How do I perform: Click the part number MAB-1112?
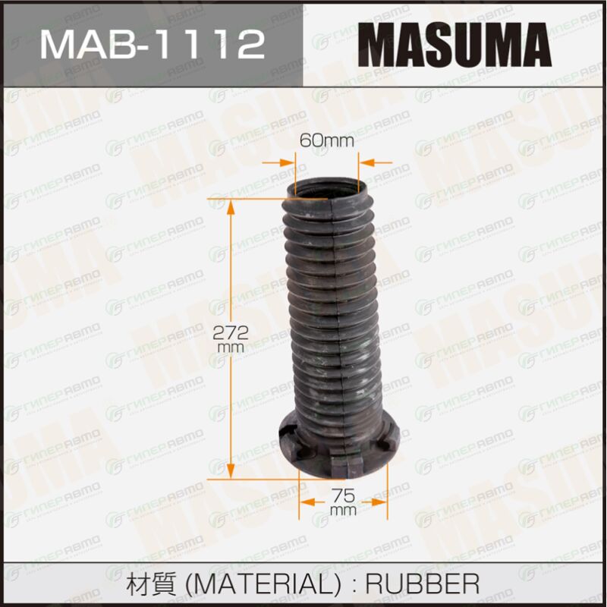tap(153, 45)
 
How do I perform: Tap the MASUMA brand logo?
tap(454, 45)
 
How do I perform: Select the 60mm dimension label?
tap(327, 140)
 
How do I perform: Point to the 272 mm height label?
tap(230, 338)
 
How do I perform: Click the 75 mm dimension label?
tap(344, 502)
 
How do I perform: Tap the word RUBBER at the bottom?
tap(423, 583)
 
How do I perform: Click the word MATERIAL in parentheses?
tap(263, 583)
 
